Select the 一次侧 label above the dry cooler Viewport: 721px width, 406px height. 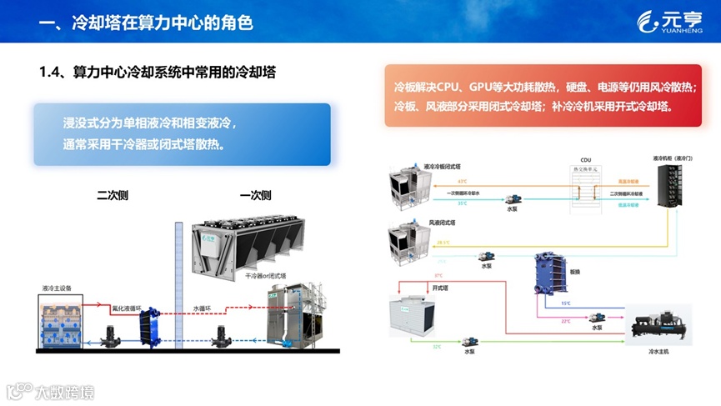[x=255, y=196]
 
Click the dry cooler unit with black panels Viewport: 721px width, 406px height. [x=250, y=243]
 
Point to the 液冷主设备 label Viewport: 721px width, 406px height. [x=58, y=288]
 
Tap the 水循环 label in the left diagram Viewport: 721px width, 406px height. [x=203, y=307]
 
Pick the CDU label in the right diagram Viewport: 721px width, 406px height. [x=585, y=159]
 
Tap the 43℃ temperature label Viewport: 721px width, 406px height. [x=462, y=180]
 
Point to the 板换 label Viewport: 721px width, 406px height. [x=574, y=271]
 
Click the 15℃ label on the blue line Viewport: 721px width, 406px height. [x=566, y=303]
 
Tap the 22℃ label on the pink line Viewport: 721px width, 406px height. [x=566, y=321]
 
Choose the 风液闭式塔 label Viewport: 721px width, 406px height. [x=442, y=223]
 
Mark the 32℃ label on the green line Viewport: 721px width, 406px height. [x=437, y=347]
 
